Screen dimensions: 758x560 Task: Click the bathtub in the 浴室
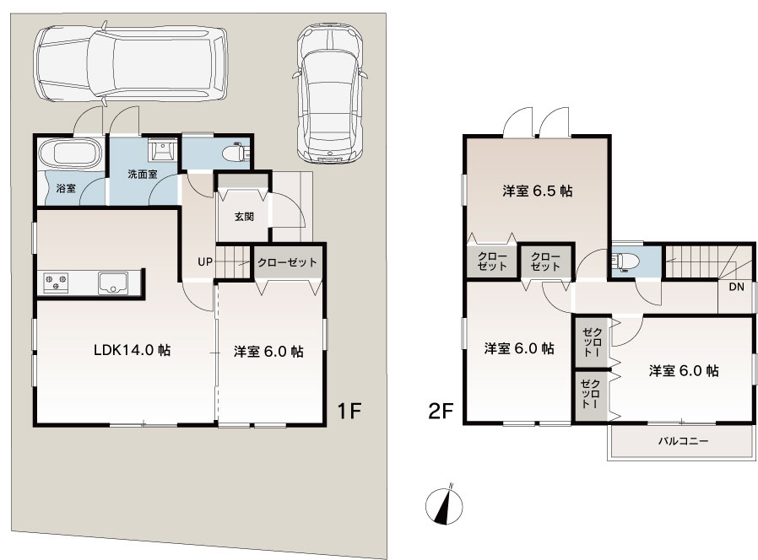(71, 154)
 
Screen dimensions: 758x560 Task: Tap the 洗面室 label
(142, 175)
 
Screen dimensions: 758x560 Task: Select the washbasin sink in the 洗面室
(162, 149)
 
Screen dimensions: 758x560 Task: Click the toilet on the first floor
(236, 152)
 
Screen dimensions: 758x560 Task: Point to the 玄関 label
(244, 217)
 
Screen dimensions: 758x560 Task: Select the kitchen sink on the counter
(113, 283)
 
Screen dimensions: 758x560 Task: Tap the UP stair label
(205, 262)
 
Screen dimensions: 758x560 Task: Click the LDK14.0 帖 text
(132, 350)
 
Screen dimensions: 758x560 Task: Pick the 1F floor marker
(349, 412)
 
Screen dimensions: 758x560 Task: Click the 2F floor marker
(441, 412)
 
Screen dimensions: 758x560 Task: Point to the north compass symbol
(444, 504)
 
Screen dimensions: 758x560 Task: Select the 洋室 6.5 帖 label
(538, 191)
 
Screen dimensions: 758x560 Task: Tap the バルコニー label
(683, 441)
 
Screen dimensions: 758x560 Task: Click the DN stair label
(736, 287)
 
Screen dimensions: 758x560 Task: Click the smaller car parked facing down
(330, 93)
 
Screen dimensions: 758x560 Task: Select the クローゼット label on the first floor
(287, 262)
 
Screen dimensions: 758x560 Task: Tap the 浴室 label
(66, 188)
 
